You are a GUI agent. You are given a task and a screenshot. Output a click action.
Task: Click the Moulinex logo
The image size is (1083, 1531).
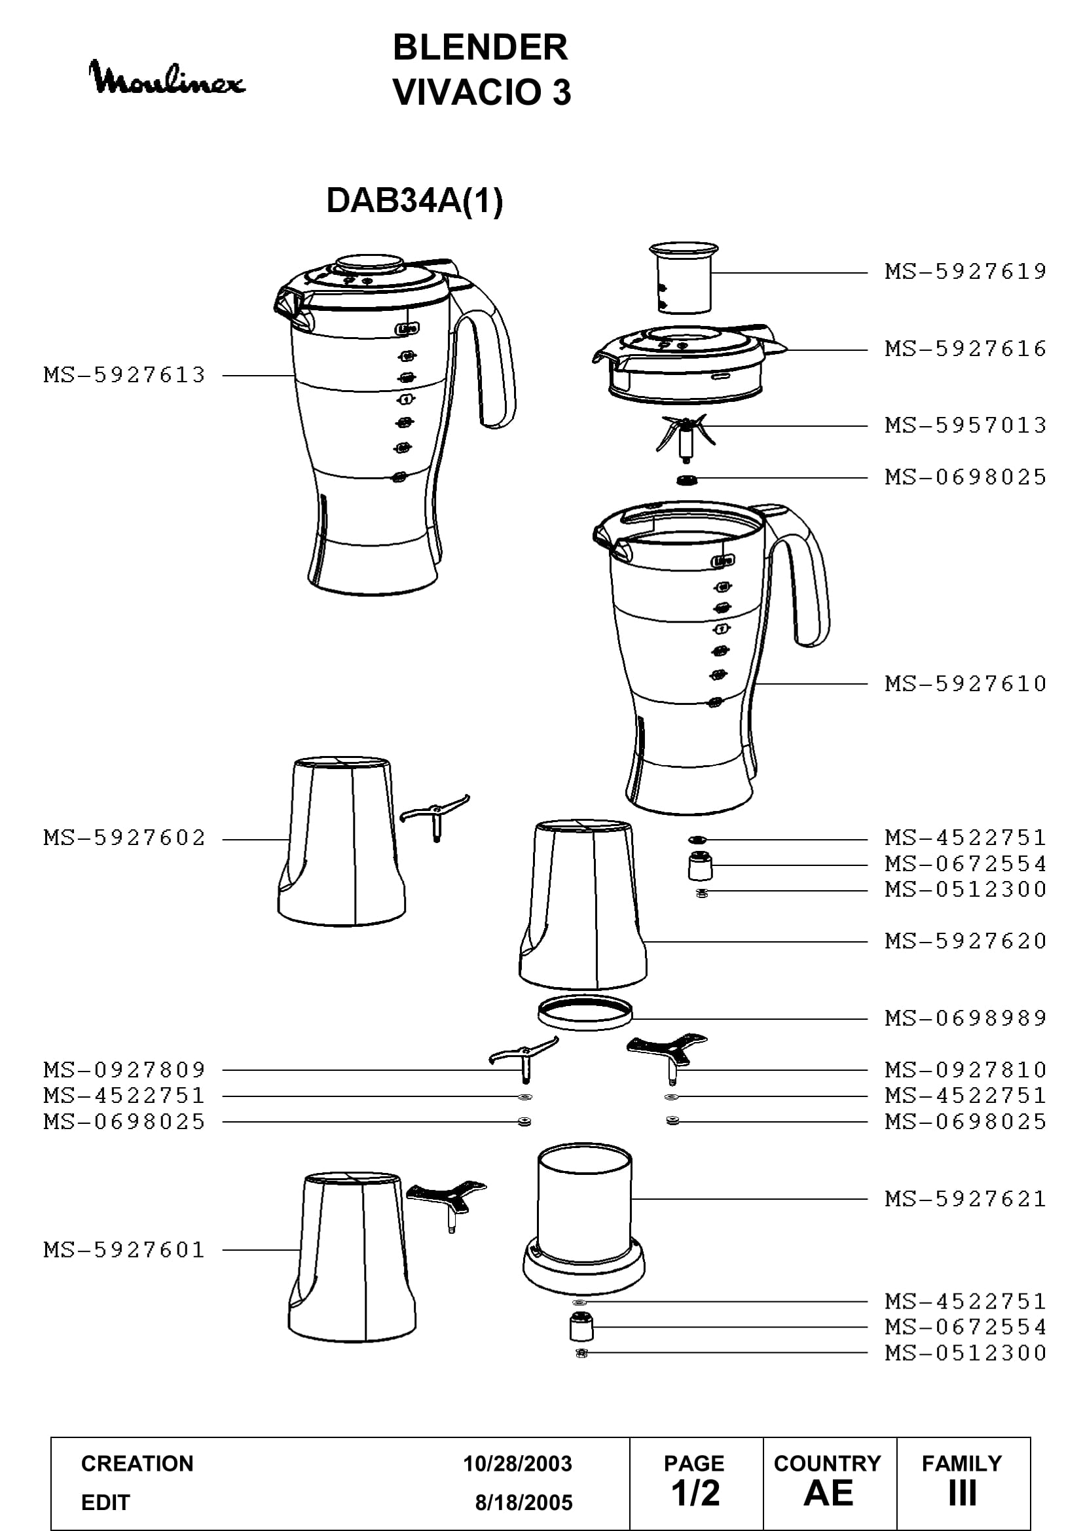pyautogui.click(x=167, y=77)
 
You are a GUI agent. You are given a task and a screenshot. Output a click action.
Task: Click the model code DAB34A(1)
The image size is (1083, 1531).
pyautogui.click(x=414, y=200)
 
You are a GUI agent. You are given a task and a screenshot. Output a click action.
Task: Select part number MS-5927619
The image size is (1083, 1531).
pyautogui.click(x=966, y=272)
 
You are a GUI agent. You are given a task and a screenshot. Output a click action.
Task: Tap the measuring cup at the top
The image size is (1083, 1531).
pyautogui.click(x=684, y=278)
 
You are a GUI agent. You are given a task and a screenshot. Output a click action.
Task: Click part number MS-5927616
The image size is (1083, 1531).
pyautogui.click(x=966, y=348)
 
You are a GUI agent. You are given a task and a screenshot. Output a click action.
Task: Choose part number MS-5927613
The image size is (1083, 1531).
pyautogui.click(x=124, y=375)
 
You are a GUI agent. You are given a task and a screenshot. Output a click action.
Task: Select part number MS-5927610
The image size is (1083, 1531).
pyautogui.click(x=966, y=683)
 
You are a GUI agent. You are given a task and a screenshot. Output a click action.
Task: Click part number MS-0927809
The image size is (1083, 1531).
pyautogui.click(x=124, y=1070)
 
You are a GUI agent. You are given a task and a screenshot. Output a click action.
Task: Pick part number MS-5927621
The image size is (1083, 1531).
pyautogui.click(x=966, y=1198)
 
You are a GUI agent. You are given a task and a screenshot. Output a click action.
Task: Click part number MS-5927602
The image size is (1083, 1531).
pyautogui.click(x=124, y=838)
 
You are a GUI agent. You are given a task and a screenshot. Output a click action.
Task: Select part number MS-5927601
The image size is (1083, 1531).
pyautogui.click(x=124, y=1250)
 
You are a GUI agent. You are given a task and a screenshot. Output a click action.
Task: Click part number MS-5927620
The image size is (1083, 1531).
pyautogui.click(x=966, y=941)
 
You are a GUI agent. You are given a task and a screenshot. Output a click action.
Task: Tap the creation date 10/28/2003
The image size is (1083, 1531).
pyautogui.click(x=517, y=1464)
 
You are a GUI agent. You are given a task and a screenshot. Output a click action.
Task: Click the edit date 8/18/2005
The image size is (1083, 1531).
pyautogui.click(x=524, y=1502)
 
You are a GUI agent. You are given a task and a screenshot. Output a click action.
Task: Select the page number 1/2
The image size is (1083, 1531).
pyautogui.click(x=695, y=1493)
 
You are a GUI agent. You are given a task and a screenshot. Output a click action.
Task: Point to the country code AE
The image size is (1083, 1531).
pyautogui.click(x=828, y=1493)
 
